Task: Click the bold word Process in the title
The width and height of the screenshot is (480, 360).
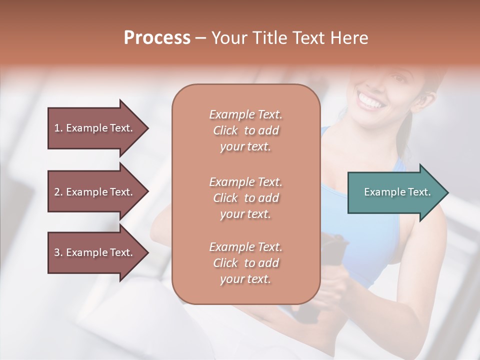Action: pyautogui.click(x=157, y=38)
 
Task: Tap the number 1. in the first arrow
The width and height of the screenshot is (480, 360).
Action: pyautogui.click(x=58, y=128)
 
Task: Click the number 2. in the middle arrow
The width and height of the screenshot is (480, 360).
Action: pyautogui.click(x=58, y=192)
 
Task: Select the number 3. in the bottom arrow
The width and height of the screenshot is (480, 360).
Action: pyautogui.click(x=58, y=252)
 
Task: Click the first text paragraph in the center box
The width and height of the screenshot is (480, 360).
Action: pyautogui.click(x=245, y=130)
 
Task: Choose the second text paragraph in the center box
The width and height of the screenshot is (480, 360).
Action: pyautogui.click(x=245, y=197)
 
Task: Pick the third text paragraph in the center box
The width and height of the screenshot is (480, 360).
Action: pyautogui.click(x=245, y=263)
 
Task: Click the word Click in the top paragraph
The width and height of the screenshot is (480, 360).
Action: pyautogui.click(x=225, y=130)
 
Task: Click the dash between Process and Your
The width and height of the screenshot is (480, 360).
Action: pyautogui.click(x=201, y=38)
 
